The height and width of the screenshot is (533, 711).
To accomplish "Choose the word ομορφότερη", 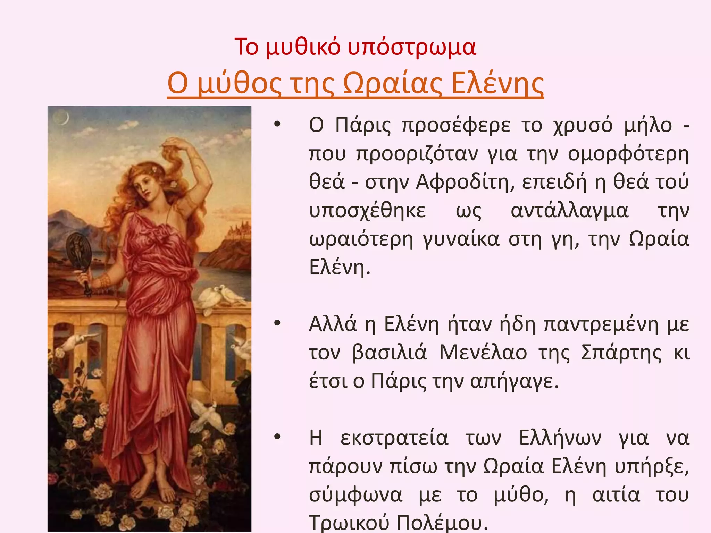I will click(628, 153).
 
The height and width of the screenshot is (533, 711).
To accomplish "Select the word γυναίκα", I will click(461, 239).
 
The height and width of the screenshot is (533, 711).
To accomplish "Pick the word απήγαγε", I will click(514, 381).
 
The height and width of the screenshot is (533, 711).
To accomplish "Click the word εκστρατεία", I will click(394, 438).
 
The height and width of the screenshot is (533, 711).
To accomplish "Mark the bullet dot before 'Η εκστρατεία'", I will click(277, 437).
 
